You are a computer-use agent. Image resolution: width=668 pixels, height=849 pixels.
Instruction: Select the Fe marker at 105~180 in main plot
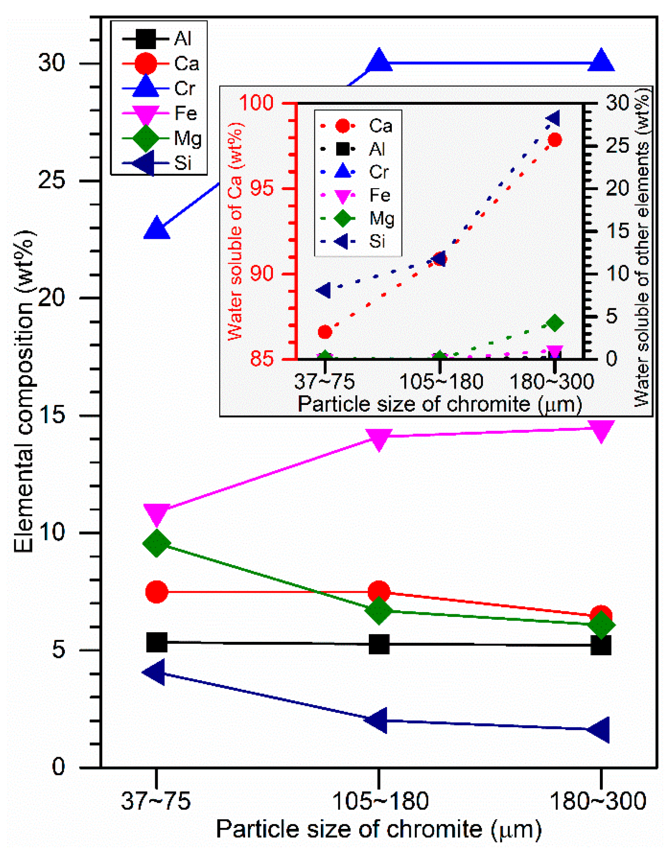pos(379,438)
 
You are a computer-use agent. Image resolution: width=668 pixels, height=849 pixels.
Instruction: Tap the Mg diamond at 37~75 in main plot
pos(156,543)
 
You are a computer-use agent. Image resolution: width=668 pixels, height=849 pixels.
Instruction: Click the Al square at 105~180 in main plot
pos(379,644)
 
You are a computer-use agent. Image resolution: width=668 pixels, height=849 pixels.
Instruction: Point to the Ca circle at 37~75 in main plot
pos(156,592)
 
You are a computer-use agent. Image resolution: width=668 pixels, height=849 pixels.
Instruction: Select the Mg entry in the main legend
pos(161,138)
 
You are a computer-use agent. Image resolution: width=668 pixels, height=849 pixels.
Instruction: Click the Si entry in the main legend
pos(161,163)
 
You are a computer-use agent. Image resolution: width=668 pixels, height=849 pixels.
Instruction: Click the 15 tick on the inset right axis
pos(617,232)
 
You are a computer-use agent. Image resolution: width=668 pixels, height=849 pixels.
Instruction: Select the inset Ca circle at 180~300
pos(555,140)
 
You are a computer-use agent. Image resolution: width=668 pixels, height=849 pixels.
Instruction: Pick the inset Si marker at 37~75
pos(324,290)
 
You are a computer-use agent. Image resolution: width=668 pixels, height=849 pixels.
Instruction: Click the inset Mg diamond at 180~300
pos(555,323)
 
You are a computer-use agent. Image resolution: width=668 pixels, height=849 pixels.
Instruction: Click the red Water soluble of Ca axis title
pos(235,232)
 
